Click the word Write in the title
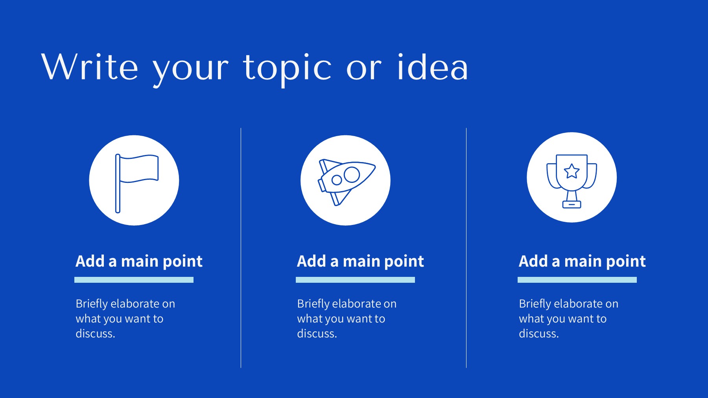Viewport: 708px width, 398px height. [90, 67]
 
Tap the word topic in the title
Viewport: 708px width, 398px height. [288, 69]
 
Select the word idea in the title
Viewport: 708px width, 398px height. [432, 67]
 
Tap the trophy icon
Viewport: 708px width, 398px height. [572, 181]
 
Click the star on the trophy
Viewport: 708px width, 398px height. [572, 171]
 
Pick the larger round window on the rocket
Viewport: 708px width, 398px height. [352, 175]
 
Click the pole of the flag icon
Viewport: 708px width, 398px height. [118, 183]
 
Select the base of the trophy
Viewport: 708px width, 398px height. [572, 204]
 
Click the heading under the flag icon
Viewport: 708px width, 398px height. [139, 262]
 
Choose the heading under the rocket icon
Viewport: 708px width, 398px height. [360, 262]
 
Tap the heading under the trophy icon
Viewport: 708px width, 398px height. [582, 262]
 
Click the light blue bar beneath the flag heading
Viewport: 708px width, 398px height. [134, 280]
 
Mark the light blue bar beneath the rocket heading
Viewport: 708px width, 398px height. [355, 280]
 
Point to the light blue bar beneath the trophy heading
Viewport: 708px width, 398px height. [577, 280]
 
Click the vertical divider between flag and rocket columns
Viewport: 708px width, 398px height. [241, 248]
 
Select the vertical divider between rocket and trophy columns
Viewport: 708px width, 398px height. [466, 248]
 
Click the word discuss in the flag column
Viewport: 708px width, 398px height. [94, 334]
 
